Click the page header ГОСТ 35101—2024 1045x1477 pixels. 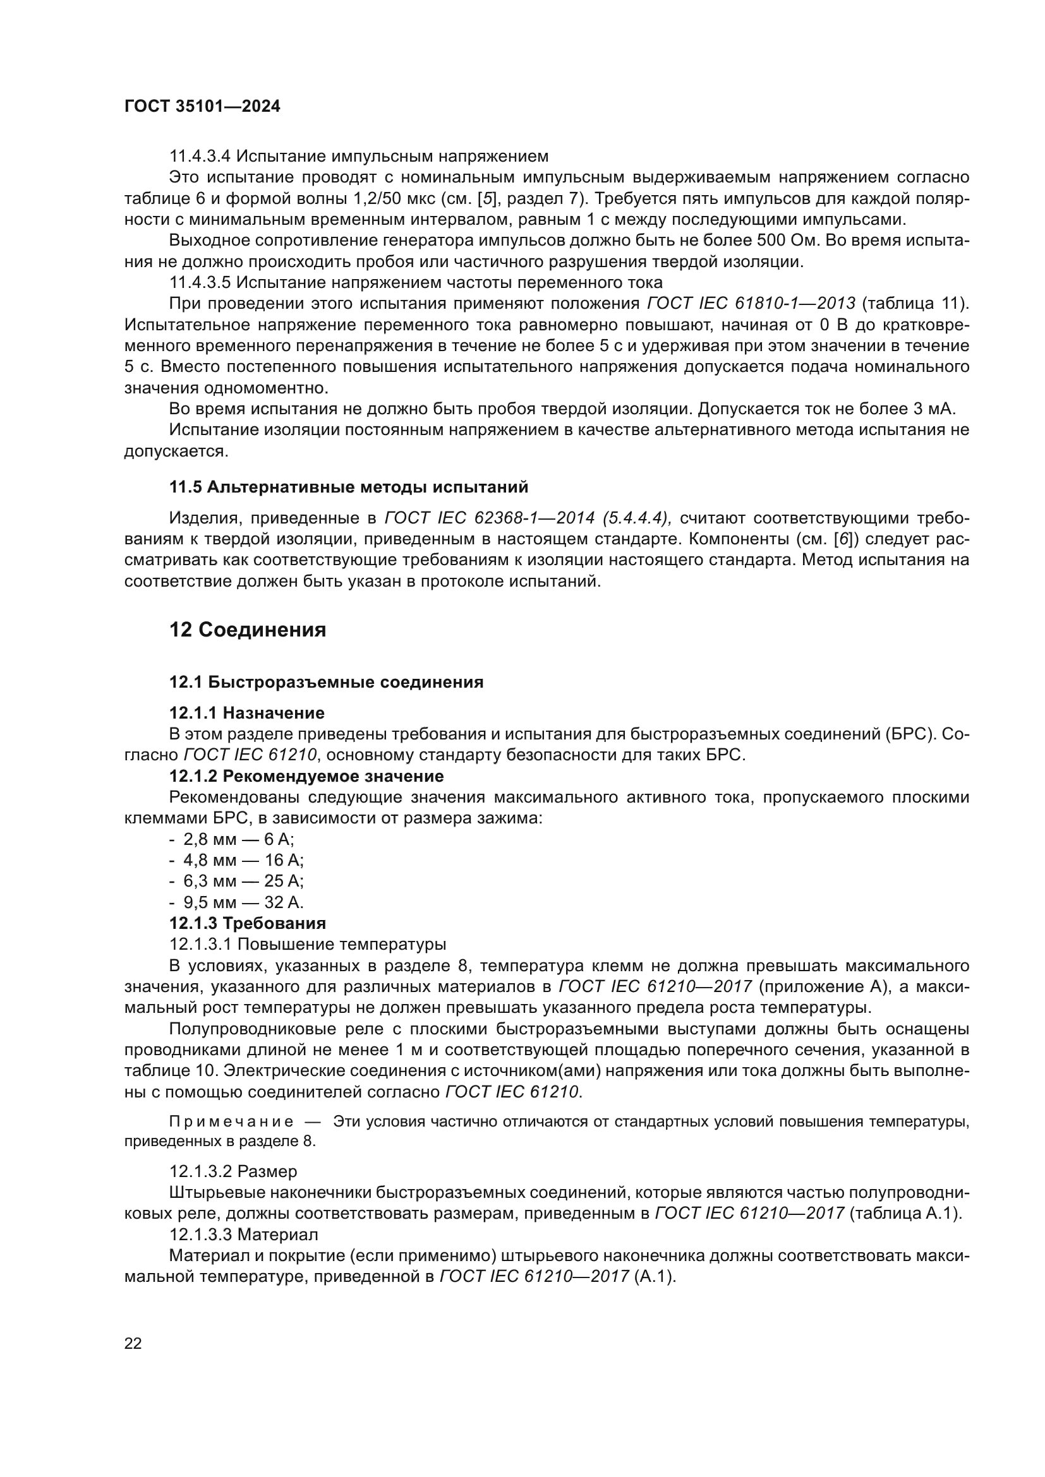pos(202,107)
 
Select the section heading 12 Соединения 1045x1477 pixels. pos(248,630)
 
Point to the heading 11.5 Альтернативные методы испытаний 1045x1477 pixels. pos(349,487)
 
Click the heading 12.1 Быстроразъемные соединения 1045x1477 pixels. pos(326,682)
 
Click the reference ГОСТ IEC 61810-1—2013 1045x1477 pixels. pos(751,304)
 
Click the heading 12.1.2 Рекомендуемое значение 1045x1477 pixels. pos(306,777)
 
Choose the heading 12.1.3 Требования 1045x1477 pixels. pos(248,924)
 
